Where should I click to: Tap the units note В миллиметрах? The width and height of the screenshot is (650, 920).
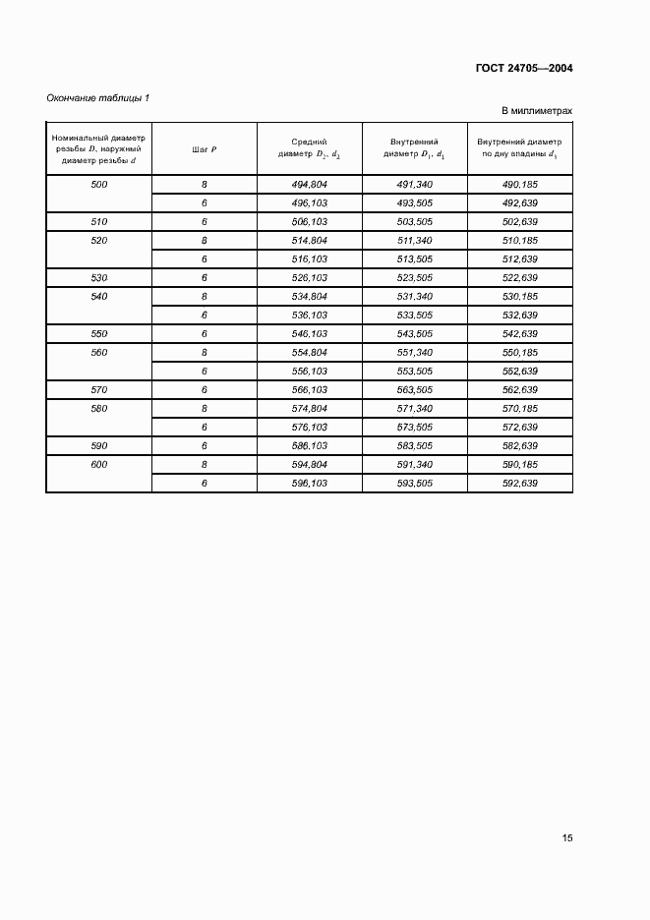click(x=537, y=111)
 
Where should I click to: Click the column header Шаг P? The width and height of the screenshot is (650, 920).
click(x=205, y=148)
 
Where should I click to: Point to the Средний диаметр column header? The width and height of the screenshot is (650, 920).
click(x=310, y=148)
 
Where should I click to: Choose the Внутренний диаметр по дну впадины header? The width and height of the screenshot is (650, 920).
click(x=519, y=148)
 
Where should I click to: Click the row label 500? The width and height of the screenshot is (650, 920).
click(x=98, y=185)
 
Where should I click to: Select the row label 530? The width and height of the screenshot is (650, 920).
click(x=98, y=278)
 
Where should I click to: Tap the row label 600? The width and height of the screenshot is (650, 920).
click(x=98, y=465)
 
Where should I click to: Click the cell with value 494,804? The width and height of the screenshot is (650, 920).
click(x=310, y=185)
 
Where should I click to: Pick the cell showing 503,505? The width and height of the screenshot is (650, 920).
click(x=415, y=222)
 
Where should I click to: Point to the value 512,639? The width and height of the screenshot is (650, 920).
click(x=519, y=259)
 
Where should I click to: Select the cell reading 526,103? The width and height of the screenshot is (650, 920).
click(x=310, y=278)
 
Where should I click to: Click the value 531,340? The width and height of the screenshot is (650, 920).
click(x=415, y=297)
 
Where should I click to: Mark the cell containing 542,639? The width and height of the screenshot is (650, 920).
click(x=519, y=334)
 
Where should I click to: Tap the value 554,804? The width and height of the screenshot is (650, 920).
click(x=310, y=353)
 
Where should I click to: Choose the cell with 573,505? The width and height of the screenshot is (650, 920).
click(x=415, y=428)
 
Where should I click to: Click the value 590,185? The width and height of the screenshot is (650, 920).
click(x=519, y=465)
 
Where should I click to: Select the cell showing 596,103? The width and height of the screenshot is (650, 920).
click(x=310, y=484)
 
